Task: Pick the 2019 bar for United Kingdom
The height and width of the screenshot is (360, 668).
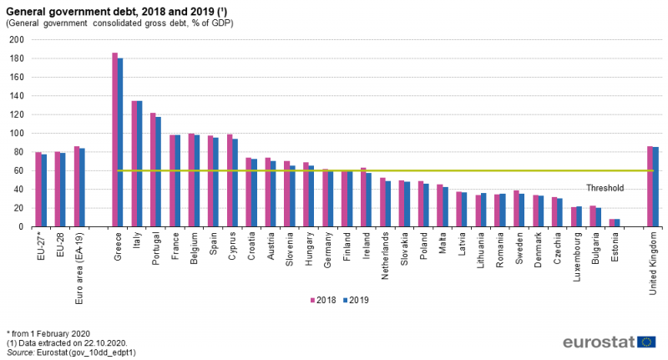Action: point(655,187)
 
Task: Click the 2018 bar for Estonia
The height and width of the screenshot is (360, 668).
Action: point(612,223)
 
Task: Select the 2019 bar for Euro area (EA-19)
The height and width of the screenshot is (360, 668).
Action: point(82,188)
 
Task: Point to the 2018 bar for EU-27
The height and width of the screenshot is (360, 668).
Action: point(38,190)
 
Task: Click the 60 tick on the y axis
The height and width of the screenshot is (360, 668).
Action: point(18,171)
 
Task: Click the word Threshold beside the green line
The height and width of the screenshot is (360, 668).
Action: point(605,188)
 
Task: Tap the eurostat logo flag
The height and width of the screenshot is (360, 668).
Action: point(646,341)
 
